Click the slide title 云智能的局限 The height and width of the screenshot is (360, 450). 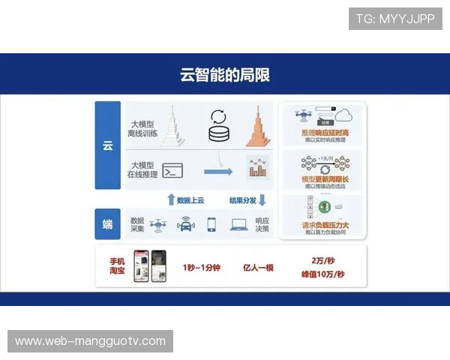[x=225, y=75]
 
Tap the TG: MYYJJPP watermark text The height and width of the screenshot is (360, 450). [x=395, y=19]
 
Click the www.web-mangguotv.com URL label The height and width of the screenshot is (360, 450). [x=90, y=341]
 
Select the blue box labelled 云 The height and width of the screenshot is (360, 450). [x=107, y=145]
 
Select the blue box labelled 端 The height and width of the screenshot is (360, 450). [x=107, y=224]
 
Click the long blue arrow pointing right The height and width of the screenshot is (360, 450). [x=218, y=172]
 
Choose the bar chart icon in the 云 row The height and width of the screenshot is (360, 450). [x=257, y=169]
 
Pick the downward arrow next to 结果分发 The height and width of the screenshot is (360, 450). [x=262, y=199]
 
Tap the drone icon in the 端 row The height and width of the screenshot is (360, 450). [x=158, y=223]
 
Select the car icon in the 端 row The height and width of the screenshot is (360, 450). [x=185, y=224]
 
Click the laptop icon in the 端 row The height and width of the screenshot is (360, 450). [x=239, y=223]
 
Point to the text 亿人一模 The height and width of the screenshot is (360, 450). [x=259, y=268]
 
